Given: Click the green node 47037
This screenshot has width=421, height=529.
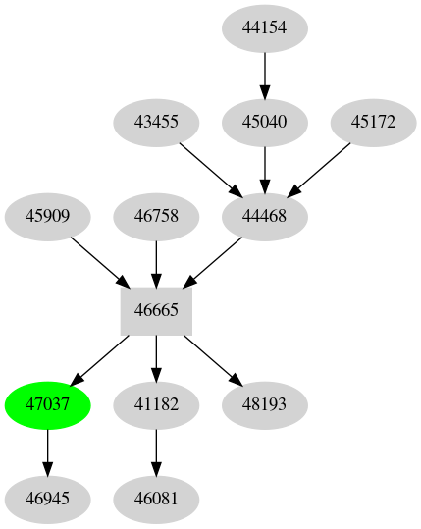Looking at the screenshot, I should coord(48,404).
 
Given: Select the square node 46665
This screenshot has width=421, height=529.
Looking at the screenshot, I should coord(156,310).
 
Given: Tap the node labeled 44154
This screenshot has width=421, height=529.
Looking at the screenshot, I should coord(264,27).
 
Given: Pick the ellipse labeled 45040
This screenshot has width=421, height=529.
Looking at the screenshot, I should coord(264,122).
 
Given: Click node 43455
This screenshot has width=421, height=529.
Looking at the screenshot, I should coord(156,122).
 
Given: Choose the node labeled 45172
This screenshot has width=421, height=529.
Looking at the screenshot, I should coord(372,122).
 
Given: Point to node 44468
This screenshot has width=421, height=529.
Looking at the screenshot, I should coord(264,216).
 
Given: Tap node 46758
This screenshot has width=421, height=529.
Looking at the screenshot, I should coord(156,216).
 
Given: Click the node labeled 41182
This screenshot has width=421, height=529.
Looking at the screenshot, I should coord(156,404).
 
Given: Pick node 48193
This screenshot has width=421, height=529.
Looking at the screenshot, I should coord(264,404).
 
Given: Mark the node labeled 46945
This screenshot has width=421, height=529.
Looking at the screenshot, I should coord(48,499).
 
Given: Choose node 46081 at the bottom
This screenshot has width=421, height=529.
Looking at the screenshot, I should coord(156,499).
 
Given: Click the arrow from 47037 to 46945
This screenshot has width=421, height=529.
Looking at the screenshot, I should coord(48,451).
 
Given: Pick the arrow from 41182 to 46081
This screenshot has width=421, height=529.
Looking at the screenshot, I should coord(156,451).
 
